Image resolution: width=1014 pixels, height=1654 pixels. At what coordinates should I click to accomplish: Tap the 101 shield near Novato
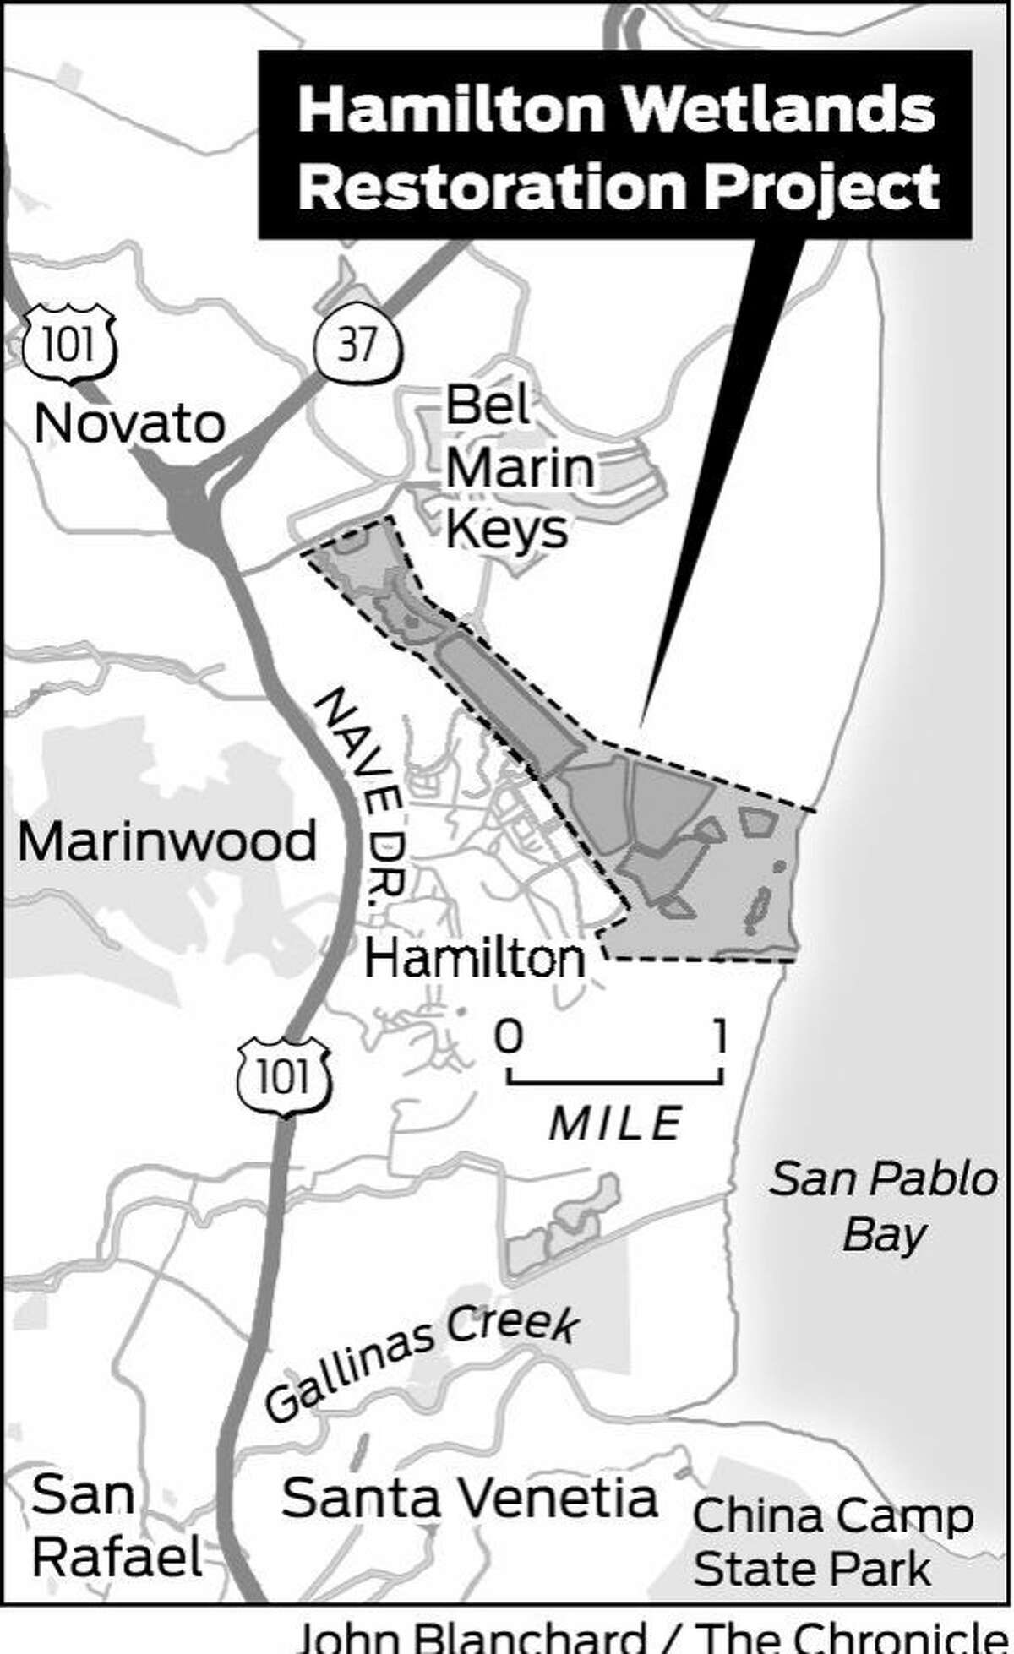click(69, 345)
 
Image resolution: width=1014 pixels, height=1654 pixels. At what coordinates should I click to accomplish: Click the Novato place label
click(130, 423)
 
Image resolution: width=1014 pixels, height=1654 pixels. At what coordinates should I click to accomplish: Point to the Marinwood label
click(167, 842)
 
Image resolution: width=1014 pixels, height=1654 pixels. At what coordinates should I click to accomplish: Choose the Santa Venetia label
click(470, 1499)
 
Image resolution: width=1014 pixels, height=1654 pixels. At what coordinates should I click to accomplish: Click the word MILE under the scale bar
click(615, 1124)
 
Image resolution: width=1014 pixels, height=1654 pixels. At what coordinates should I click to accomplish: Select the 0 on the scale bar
click(508, 1036)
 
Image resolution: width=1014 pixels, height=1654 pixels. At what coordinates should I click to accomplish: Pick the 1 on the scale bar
click(720, 1036)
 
